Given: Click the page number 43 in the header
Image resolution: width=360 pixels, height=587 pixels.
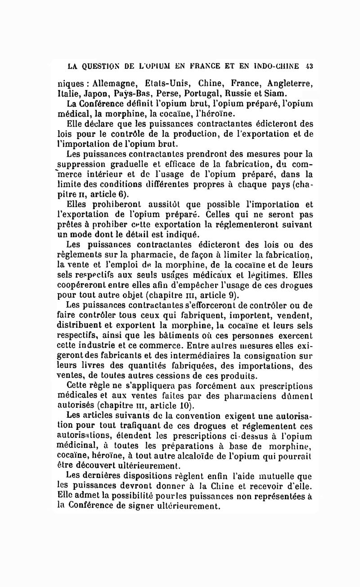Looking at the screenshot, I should click(x=309, y=66).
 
